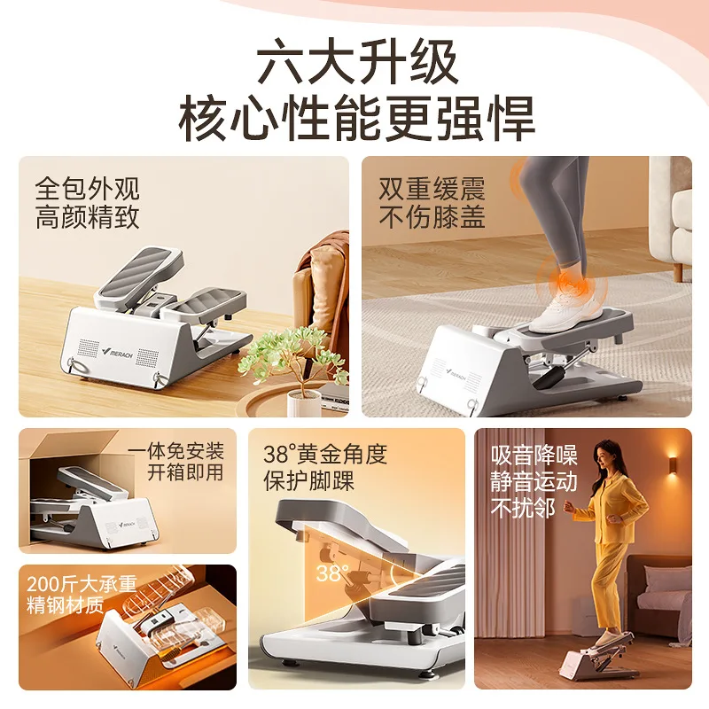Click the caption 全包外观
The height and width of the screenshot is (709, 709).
click(x=88, y=189)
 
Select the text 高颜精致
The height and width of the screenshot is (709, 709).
click(x=88, y=218)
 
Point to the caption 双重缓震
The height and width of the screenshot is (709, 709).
click(x=432, y=189)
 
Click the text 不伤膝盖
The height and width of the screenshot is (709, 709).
click(x=432, y=218)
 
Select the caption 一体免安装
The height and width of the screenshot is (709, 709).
click(x=176, y=451)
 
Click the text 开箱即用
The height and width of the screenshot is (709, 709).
click(x=186, y=473)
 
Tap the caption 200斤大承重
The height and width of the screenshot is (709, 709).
click(x=82, y=584)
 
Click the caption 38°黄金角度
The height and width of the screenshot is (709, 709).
click(x=325, y=456)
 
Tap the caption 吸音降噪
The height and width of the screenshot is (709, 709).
click(x=534, y=456)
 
